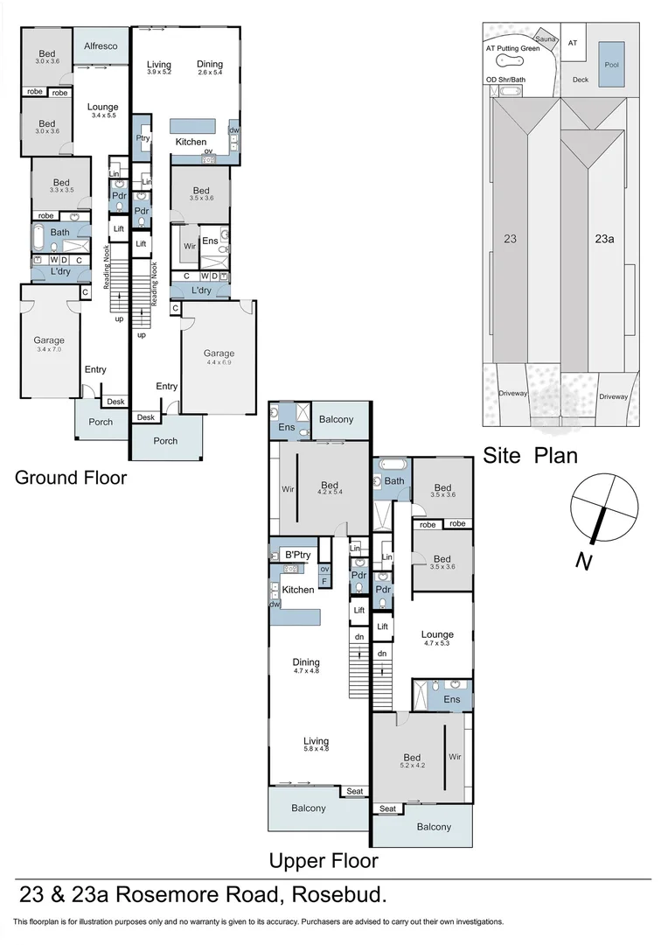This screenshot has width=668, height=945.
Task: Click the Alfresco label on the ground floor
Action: pos(101,45)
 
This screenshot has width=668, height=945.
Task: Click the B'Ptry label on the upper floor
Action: pos(298,555)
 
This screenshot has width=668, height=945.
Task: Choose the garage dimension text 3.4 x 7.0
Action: pos(49,350)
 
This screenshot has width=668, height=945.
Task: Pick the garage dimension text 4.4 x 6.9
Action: pos(219,363)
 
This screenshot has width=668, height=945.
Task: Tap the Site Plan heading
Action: pos(530,455)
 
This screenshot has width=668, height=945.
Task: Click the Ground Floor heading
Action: pos(70,478)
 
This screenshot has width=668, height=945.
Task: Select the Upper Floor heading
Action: pos(323,861)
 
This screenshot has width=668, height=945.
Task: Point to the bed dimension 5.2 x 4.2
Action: pos(412,766)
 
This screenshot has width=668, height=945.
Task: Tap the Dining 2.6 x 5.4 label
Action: pos(210,69)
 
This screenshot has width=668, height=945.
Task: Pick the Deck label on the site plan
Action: pos(580,80)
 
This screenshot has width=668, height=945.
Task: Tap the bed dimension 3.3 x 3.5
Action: pos(60,189)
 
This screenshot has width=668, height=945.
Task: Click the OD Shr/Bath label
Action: pos(508,80)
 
